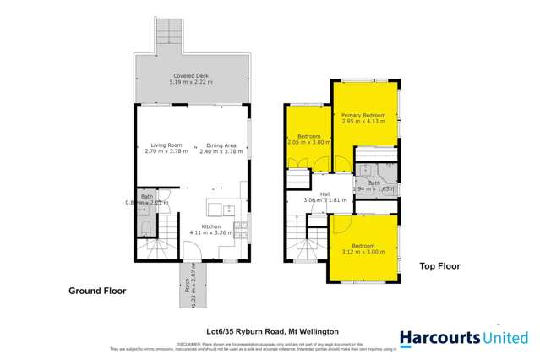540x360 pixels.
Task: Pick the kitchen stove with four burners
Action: click(240, 226)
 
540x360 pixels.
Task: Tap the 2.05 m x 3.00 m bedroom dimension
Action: click(308, 143)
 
